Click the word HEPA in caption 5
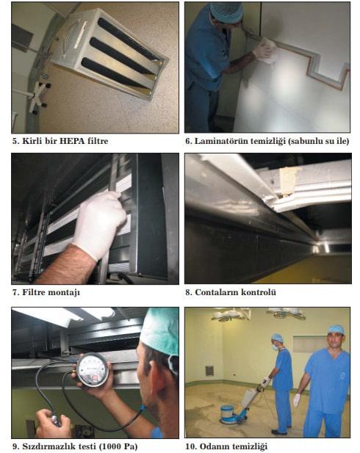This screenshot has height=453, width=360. [x=72, y=141]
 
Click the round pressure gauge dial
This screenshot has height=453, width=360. [x=93, y=370]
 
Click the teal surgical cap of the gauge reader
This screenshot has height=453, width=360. [x=160, y=333]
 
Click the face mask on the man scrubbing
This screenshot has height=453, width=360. [x=275, y=347]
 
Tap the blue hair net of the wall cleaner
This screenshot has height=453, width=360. [x=226, y=11]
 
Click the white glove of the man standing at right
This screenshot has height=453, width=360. [x=297, y=400]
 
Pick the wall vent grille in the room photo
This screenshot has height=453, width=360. [x=209, y=371]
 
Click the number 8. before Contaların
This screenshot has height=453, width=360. [x=189, y=292]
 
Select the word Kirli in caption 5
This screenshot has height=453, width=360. [x=31, y=141]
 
